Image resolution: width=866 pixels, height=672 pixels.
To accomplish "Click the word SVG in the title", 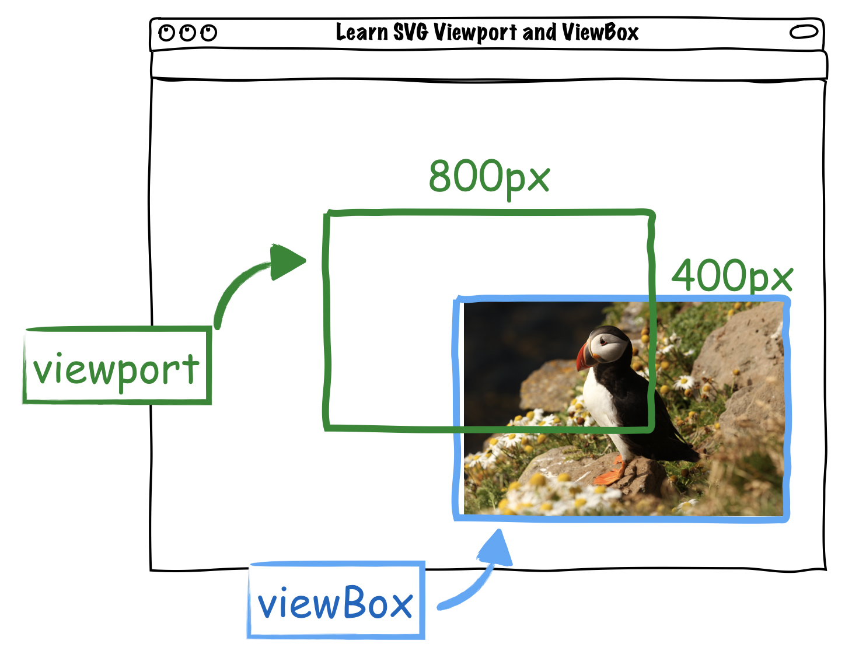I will click(411, 32).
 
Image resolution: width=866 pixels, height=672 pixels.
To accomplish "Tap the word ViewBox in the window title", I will click(600, 32).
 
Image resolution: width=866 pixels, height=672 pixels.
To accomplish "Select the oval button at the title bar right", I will click(804, 32).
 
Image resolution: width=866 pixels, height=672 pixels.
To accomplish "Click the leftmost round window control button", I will click(167, 33).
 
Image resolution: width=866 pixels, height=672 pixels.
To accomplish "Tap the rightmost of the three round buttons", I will click(209, 33).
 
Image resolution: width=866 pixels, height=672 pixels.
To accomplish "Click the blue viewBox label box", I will click(336, 601).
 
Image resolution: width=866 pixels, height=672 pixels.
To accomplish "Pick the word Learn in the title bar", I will click(361, 32).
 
